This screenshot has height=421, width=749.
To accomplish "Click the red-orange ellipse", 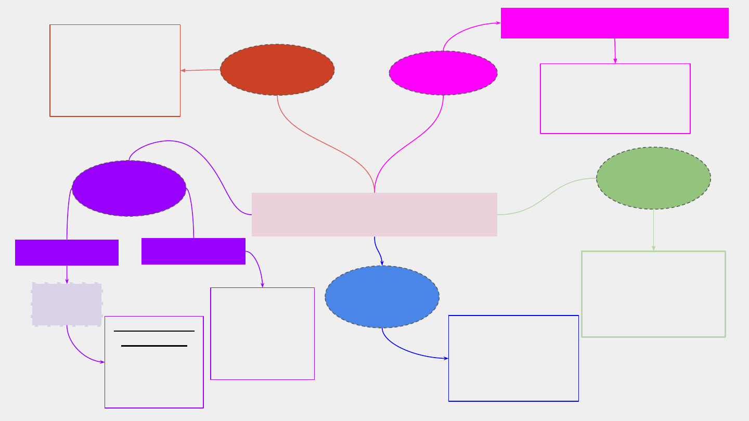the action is [x=277, y=70].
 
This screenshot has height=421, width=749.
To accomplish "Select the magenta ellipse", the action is [x=443, y=73].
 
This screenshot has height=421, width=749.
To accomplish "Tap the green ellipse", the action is [x=653, y=178].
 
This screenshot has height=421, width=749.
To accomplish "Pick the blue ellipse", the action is [x=382, y=297].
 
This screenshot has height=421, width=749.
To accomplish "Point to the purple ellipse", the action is [x=129, y=188].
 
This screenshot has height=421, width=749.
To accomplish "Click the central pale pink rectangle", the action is [x=374, y=215].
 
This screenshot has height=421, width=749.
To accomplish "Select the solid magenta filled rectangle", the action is [x=614, y=23].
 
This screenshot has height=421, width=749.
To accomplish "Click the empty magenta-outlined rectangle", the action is [x=615, y=99].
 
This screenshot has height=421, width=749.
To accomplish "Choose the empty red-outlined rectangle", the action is [x=115, y=71].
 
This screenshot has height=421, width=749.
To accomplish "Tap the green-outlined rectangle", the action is [x=653, y=294].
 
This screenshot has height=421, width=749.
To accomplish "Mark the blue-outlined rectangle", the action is [x=513, y=358].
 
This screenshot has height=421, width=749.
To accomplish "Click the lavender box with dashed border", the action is [x=67, y=305].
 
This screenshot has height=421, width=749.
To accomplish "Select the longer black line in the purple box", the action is [x=154, y=331].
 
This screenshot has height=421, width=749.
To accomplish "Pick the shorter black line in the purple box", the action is [x=154, y=346].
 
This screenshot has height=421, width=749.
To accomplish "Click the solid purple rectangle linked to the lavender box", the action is [x=67, y=253].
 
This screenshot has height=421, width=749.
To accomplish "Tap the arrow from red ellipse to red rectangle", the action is [x=200, y=70].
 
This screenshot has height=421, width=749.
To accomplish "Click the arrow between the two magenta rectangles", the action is [x=615, y=51].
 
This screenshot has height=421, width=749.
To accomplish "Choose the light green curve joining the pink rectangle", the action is [x=546, y=196].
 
